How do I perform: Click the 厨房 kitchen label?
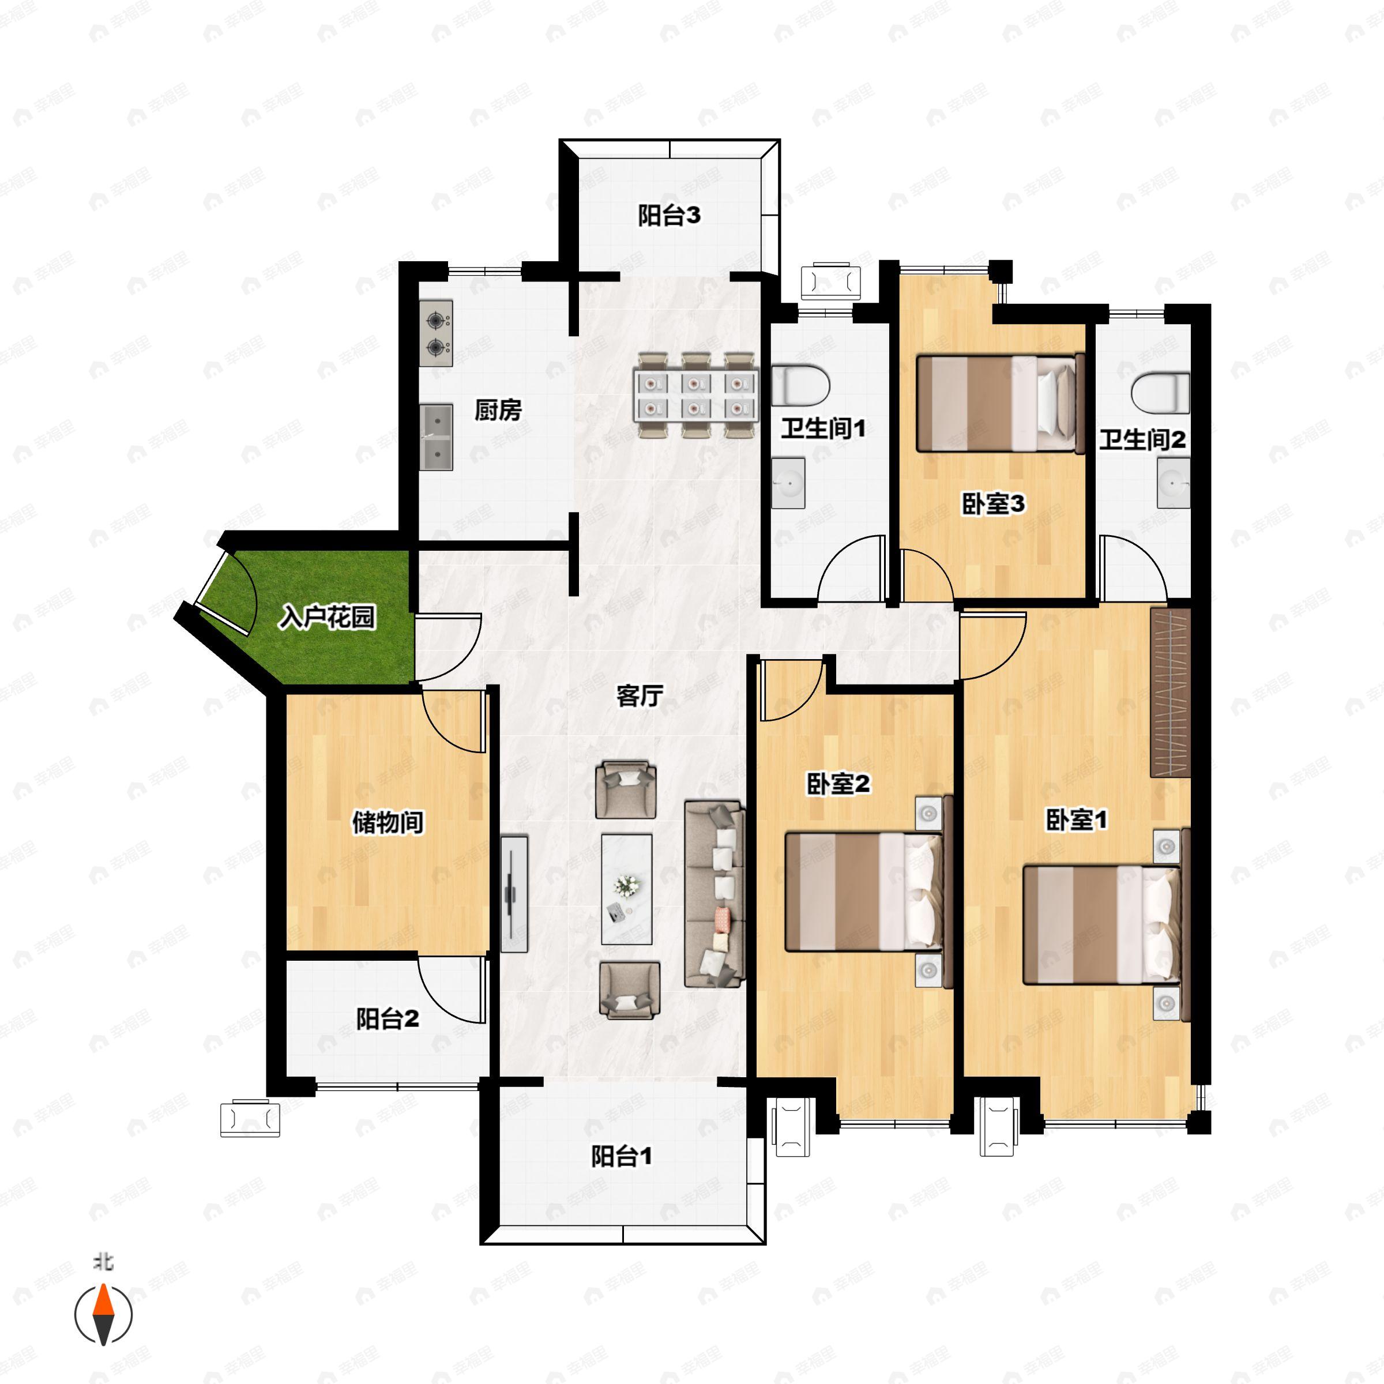pyautogui.click(x=498, y=411)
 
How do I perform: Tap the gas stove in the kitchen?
pyautogui.click(x=437, y=334)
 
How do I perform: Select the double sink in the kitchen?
pyautogui.click(x=437, y=437)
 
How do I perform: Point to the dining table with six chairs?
pyautogui.click(x=695, y=394)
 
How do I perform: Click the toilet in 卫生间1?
pyautogui.click(x=801, y=385)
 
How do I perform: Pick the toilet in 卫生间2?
pyautogui.click(x=1160, y=393)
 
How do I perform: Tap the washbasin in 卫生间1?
pyautogui.click(x=788, y=483)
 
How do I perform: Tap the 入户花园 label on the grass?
pyautogui.click(x=328, y=617)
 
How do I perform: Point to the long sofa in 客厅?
pyautogui.click(x=714, y=894)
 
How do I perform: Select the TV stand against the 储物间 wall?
pyautogui.click(x=514, y=894)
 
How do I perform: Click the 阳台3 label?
pyautogui.click(x=669, y=215)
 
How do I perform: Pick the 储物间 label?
pyautogui.click(x=388, y=822)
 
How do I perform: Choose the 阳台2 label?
pyautogui.click(x=388, y=1018)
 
